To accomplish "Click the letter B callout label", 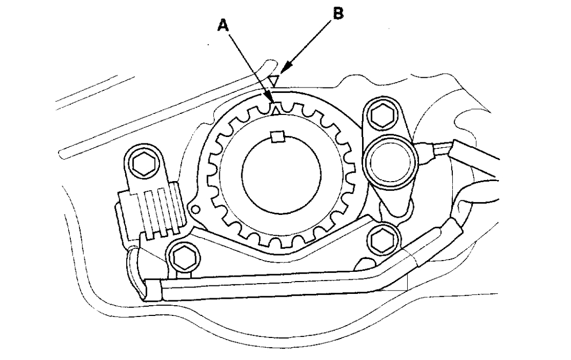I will click(x=337, y=14).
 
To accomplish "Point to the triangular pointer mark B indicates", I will click(x=274, y=81).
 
